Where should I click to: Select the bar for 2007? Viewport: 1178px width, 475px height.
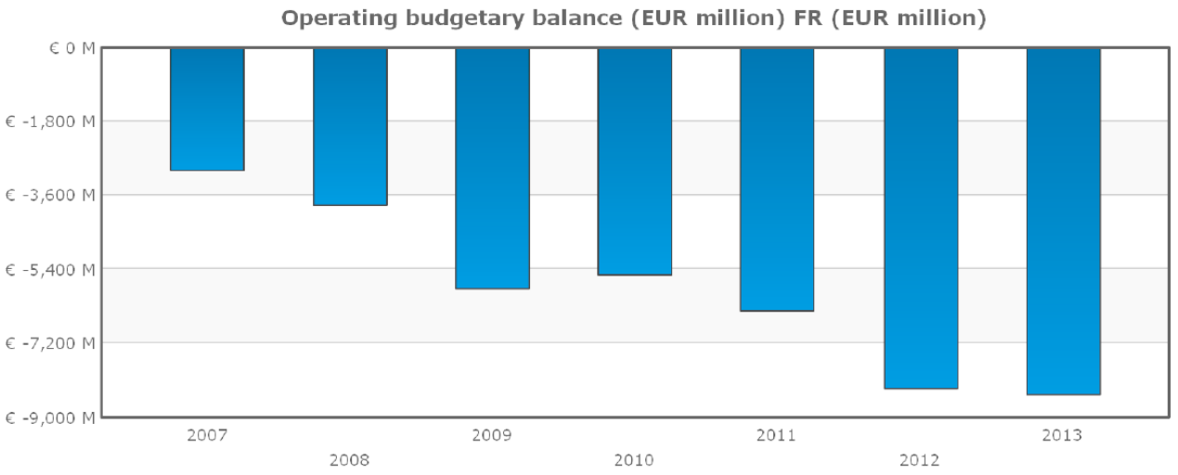pyautogui.click(x=207, y=109)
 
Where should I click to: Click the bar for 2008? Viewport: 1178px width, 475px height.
pyautogui.click(x=350, y=126)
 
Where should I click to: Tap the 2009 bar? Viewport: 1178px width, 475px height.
pyautogui.click(x=492, y=168)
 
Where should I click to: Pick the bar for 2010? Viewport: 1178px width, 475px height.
pyautogui.click(x=635, y=161)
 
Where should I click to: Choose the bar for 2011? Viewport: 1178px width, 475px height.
pyautogui.click(x=777, y=179)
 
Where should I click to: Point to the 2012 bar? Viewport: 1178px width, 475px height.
pyautogui.click(x=920, y=218)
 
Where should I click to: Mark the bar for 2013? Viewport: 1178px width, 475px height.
pyautogui.click(x=1063, y=221)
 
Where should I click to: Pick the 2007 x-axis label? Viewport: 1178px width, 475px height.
pyautogui.click(x=206, y=434)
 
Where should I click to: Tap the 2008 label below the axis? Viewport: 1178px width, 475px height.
pyautogui.click(x=349, y=459)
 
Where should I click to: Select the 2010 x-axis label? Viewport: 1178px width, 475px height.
pyautogui.click(x=634, y=459)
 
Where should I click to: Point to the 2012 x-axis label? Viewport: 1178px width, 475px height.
pyautogui.click(x=919, y=459)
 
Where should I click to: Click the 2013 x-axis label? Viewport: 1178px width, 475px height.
pyautogui.click(x=1062, y=434)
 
